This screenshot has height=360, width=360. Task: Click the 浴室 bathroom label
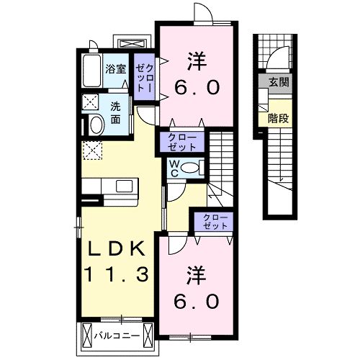pos(116,69)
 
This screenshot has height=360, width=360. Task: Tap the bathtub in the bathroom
pos(91,71)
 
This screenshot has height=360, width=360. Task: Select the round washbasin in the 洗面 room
pos(96,125)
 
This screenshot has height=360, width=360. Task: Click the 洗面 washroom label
pos(115,113)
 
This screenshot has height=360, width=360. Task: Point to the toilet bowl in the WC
pos(190,168)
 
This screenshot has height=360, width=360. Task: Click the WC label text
pos(174,168)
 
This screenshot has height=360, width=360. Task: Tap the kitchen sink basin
pos(125,186)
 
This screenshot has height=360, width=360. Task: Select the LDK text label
pos(117,248)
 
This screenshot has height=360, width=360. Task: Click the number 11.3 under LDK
pos(117,274)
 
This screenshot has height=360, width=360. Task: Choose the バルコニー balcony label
pos(117,336)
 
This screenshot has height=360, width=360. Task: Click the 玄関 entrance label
pos(279,82)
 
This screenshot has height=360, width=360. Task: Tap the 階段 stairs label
pos(279,118)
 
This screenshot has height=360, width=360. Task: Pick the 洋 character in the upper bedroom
pos(197,62)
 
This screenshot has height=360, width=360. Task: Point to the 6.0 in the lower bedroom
pos(197,302)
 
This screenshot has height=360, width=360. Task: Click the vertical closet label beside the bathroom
pos(144,78)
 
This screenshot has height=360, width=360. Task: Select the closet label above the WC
pos(182,142)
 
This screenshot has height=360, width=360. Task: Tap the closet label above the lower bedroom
pos(215,222)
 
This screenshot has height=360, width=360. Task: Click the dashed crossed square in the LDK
pos(92,150)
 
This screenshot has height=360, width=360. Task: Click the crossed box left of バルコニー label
pos(87,335)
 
